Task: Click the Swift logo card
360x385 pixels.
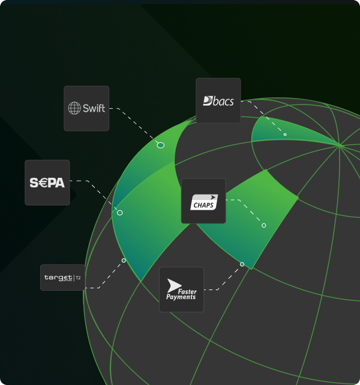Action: pyautogui.click(x=86, y=108)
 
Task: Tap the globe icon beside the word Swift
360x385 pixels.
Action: pyautogui.click(x=74, y=108)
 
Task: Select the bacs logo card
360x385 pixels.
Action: pyautogui.click(x=218, y=100)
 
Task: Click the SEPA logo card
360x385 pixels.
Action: pyautogui.click(x=47, y=183)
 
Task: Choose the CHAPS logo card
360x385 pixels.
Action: pyautogui.click(x=203, y=201)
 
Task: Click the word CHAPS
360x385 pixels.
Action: pyautogui.click(x=203, y=205)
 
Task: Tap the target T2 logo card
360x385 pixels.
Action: pyautogui.click(x=62, y=277)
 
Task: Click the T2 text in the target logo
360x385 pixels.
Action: pyautogui.click(x=78, y=278)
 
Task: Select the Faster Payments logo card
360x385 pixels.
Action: pyautogui.click(x=181, y=290)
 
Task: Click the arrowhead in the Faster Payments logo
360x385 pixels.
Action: pyautogui.click(x=174, y=285)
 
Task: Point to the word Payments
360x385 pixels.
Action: pyautogui.click(x=181, y=297)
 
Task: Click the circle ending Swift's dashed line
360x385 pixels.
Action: pyautogui.click(x=160, y=145)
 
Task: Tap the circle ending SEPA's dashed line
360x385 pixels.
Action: pyautogui.click(x=119, y=213)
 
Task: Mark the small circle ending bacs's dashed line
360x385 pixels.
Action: pyautogui.click(x=285, y=135)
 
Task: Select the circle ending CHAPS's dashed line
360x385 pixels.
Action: pyautogui.click(x=263, y=225)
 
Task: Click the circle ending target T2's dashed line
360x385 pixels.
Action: pyautogui.click(x=124, y=260)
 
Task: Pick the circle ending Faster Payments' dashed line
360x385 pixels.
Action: pyautogui.click(x=242, y=264)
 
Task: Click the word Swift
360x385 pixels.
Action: pyautogui.click(x=94, y=108)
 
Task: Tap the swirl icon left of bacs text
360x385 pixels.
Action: pyautogui.click(x=208, y=101)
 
